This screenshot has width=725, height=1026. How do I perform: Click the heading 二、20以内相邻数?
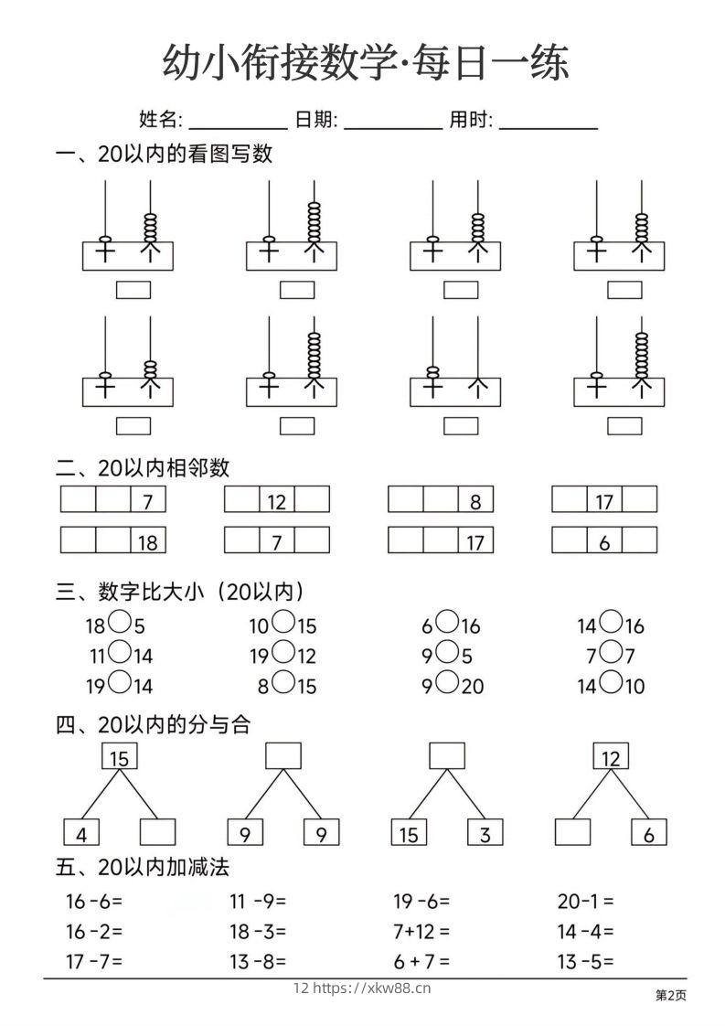click(143, 468)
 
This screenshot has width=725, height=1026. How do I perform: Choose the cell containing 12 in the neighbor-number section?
click(277, 500)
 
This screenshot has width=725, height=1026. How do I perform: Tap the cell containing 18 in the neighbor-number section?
click(148, 541)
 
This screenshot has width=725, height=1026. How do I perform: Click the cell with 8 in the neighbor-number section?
click(475, 500)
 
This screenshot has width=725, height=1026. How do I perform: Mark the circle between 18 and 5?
click(120, 624)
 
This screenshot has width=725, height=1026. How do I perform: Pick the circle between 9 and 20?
click(447, 682)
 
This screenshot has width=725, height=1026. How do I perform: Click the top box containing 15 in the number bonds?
click(119, 757)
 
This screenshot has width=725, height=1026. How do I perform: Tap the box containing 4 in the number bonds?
click(81, 832)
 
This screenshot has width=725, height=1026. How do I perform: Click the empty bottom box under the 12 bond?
click(573, 832)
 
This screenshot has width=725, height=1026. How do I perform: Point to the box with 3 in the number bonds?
click(485, 832)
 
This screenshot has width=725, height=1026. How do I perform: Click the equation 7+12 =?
click(421, 931)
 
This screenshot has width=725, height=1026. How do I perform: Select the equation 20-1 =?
click(585, 901)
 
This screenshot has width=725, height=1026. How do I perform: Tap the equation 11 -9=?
click(258, 901)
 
